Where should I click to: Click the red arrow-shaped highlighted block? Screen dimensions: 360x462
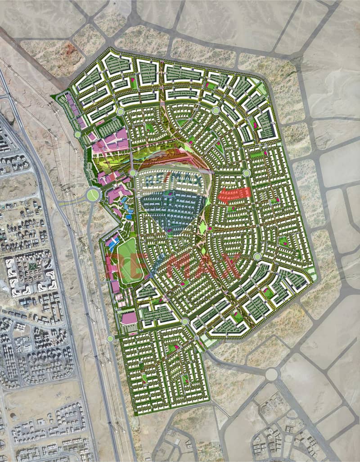click(234, 194)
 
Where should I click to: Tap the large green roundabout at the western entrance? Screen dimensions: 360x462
click(93, 195)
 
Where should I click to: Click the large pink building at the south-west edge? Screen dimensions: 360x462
click(129, 318)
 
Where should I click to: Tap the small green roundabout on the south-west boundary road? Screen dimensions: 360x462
click(110, 338)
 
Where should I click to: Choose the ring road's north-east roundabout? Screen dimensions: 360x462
click(216, 111)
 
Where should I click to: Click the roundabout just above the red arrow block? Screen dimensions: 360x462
click(246, 173)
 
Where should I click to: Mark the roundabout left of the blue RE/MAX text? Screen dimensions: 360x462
click(133, 173)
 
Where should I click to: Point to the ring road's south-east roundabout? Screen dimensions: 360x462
click(257, 256)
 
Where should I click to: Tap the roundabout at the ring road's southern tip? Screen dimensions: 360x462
click(185, 321)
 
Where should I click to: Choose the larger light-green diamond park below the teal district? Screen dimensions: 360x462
click(203, 228)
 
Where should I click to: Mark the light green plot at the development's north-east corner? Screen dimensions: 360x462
click(263, 89)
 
